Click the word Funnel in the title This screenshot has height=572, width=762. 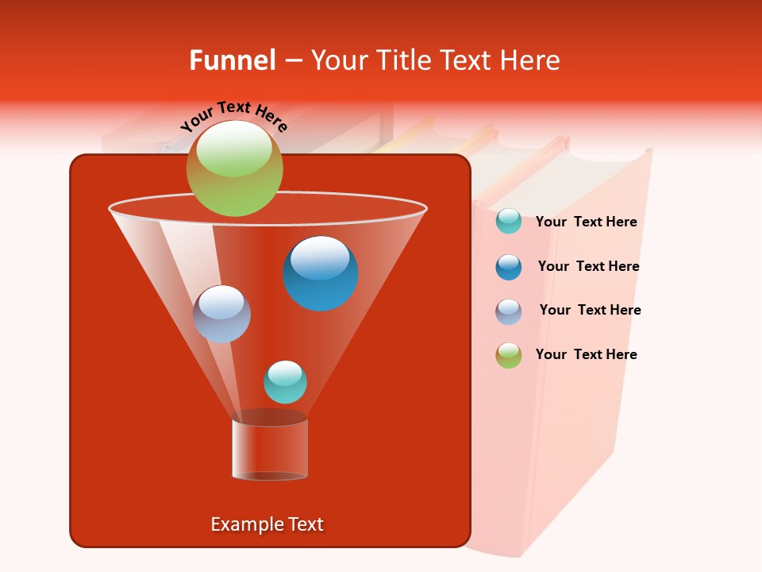coord(232,60)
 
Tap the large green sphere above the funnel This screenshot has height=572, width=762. coord(234,168)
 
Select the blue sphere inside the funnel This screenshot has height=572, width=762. coord(320,272)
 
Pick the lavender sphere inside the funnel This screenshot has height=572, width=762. coord(221,314)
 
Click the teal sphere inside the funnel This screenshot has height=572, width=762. coord(285,381)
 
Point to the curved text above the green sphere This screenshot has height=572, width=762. coord(234,114)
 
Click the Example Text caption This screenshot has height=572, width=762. coord(267,524)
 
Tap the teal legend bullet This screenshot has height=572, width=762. coord(509,221)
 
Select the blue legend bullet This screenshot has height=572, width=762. coord(509,267)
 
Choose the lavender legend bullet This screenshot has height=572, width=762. coord(509,311)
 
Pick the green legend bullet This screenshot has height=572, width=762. coord(509,355)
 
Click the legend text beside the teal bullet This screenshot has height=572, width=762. coord(586,222)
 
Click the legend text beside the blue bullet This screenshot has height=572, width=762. coord(588,267)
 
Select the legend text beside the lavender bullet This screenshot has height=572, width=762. coord(590,311)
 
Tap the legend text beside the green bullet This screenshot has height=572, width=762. coord(586,354)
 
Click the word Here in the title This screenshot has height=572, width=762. coord(529,60)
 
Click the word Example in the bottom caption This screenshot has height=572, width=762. coord(244,524)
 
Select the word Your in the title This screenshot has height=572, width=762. coord(337,60)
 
